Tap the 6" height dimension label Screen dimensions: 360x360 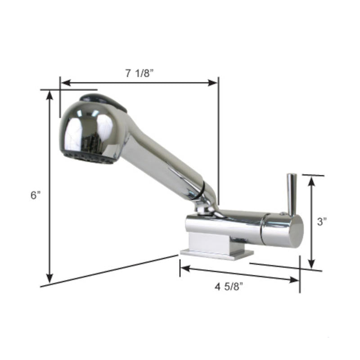click(36, 195)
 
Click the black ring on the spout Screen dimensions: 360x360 click(201, 189)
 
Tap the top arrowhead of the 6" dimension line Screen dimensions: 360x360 click(50, 95)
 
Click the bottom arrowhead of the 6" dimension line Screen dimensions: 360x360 click(50, 278)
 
